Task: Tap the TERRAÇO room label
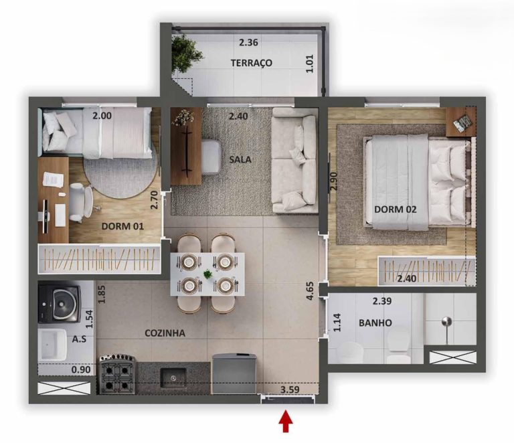[252, 63]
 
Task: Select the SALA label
[240, 159]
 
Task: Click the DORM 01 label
[122, 226]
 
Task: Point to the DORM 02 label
[396, 209]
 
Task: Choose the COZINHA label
[165, 333]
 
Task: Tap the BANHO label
[375, 323]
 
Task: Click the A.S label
[80, 339]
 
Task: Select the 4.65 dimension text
[310, 291]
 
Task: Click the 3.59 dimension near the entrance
[290, 389]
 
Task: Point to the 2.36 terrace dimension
[248, 42]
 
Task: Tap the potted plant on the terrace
[186, 52]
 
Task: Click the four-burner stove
[118, 374]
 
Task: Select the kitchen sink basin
[173, 377]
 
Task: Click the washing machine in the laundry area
[59, 303]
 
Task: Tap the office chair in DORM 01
[81, 203]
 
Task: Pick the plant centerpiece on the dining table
[207, 274]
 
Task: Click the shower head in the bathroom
[446, 322]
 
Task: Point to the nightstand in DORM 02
[461, 122]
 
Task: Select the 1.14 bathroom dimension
[337, 323]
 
